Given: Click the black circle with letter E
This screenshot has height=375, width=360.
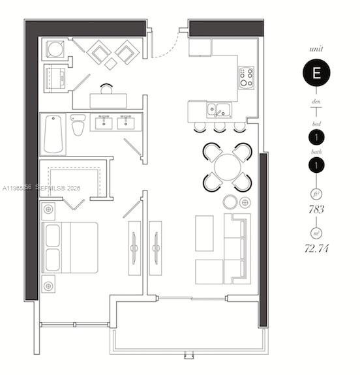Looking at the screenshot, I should pyautogui.click(x=316, y=73).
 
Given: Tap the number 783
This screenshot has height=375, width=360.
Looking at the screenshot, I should pyautogui.click(x=316, y=210).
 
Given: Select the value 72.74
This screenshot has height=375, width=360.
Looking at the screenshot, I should pyautogui.click(x=316, y=248).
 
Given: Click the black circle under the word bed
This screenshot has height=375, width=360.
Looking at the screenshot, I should pyautogui.click(x=316, y=137).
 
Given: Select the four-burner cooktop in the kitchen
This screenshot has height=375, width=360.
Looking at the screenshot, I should pyautogui.click(x=247, y=78).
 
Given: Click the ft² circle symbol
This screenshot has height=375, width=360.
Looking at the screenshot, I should pyautogui.click(x=316, y=194).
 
